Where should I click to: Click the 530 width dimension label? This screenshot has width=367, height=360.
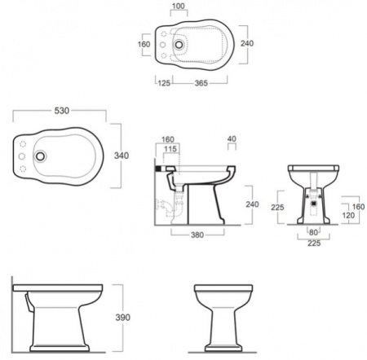62,111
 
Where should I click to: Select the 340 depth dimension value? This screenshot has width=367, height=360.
122,156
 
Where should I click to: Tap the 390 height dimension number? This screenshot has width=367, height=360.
123,318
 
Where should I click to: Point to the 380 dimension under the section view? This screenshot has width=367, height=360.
197,235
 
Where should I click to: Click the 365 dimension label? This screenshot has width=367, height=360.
201,83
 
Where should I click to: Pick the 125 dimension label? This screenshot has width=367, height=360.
164,83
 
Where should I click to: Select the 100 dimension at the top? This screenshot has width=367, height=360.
179,6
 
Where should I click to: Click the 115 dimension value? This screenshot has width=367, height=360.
170,149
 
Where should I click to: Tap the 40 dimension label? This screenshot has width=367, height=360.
232,138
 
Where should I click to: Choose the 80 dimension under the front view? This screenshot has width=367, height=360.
313,232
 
